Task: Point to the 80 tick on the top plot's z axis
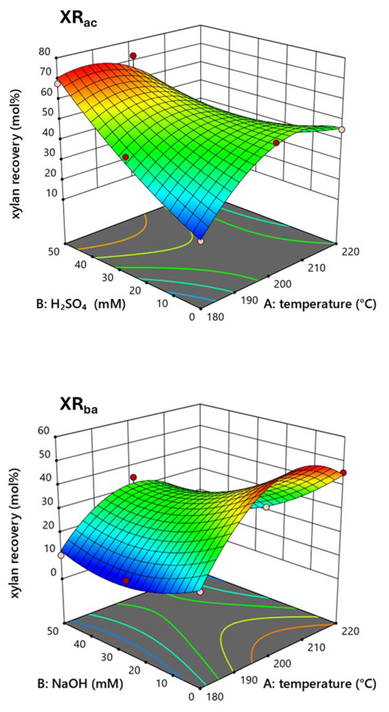(45, 52)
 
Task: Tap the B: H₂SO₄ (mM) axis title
(81, 304)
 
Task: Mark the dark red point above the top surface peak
(133, 56)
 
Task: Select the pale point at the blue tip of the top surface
(200, 241)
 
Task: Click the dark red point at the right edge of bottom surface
(343, 472)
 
